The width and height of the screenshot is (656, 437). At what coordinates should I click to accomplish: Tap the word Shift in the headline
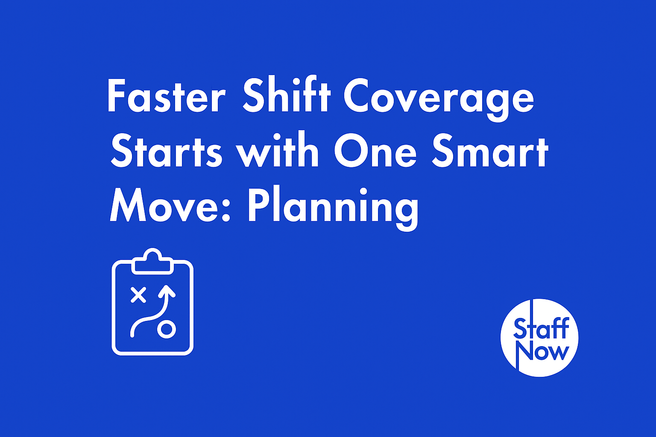click(287, 94)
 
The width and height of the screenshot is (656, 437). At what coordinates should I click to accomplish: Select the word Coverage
click(439, 99)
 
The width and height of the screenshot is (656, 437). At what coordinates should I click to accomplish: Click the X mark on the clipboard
click(138, 295)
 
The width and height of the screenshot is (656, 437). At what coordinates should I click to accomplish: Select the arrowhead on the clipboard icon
click(167, 291)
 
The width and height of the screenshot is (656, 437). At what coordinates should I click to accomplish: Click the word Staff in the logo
click(541, 329)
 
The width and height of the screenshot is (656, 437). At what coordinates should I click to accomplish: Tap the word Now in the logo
click(544, 353)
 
